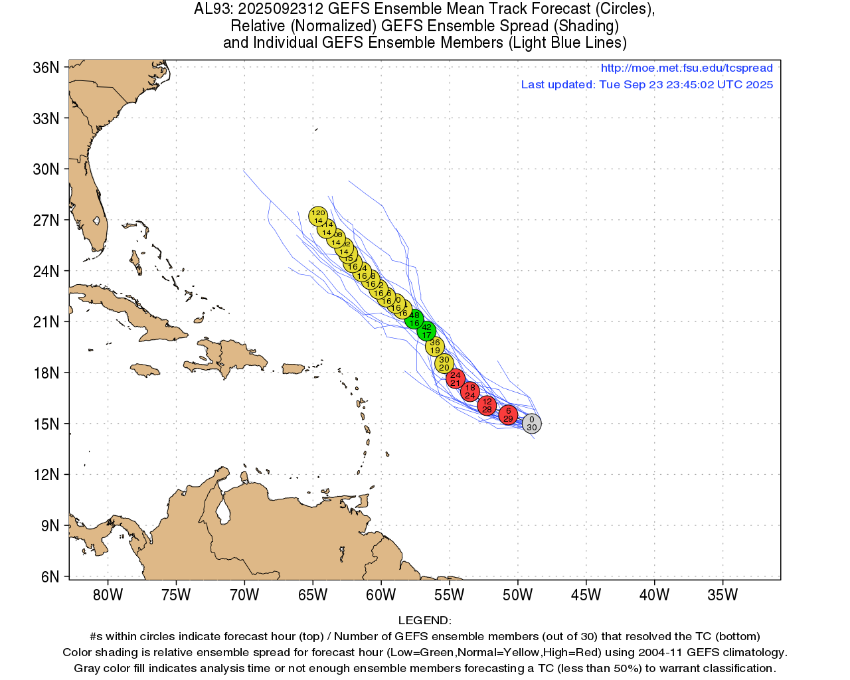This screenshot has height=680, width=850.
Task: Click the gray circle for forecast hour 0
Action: coord(531,423)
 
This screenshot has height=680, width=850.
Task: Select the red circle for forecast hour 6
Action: coord(508,415)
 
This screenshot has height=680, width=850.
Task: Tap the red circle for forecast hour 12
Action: coord(487,405)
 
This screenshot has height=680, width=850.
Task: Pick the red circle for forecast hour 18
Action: coord(469,391)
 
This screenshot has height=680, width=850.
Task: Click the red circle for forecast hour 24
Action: coord(455,379)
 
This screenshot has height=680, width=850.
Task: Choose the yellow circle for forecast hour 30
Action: coord(444,363)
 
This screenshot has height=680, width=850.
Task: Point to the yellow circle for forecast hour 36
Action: coord(434,346)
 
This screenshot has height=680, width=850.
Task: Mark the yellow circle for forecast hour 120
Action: coord(318,216)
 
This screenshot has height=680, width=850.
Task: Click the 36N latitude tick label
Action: coord(46,68)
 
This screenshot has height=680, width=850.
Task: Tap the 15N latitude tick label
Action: coord(46,424)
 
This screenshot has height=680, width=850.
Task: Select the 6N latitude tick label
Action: coord(49,576)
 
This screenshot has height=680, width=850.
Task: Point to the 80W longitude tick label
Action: coord(108,595)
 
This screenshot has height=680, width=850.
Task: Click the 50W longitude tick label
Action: coord(517,595)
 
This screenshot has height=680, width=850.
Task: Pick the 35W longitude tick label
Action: coord(722,595)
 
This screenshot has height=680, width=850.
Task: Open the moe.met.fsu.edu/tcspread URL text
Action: coord(687,68)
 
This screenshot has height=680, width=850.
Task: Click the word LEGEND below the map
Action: coord(424,620)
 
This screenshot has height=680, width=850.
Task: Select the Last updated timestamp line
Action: coord(647,84)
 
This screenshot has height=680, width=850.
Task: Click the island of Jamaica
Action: coord(145,370)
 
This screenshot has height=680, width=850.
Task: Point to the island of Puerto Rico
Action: coord(293,369)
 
